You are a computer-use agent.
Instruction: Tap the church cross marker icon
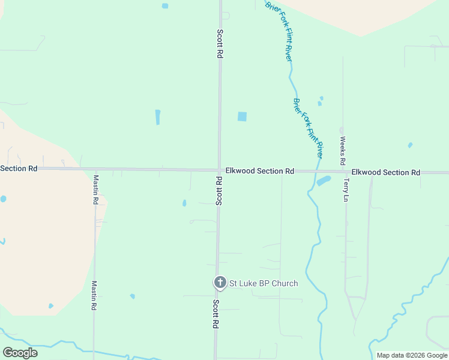click(220, 282)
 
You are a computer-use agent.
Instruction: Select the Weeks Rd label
click(343, 151)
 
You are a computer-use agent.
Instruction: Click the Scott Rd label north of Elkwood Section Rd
click(220, 44)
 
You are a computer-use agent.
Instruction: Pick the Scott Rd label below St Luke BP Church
click(215, 314)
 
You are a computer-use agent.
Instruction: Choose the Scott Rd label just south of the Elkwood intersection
click(219, 191)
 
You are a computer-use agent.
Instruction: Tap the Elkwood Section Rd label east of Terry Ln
click(385, 172)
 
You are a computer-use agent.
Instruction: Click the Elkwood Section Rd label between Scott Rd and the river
click(259, 171)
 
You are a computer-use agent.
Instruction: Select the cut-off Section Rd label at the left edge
click(19, 169)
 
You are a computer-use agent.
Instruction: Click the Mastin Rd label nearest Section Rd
click(95, 190)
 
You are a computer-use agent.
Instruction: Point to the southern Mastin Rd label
click(94, 296)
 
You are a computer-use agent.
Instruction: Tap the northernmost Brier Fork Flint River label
click(279, 31)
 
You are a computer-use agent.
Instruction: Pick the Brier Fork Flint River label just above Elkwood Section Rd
click(308, 128)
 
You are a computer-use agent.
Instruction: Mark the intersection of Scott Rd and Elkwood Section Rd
click(219, 170)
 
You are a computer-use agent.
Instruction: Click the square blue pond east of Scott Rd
click(242, 116)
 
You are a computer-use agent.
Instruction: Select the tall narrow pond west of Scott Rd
click(158, 117)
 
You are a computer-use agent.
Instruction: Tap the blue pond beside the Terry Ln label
click(324, 181)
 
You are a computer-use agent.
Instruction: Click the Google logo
click(20, 353)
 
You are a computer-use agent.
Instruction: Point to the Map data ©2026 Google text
click(412, 355)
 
